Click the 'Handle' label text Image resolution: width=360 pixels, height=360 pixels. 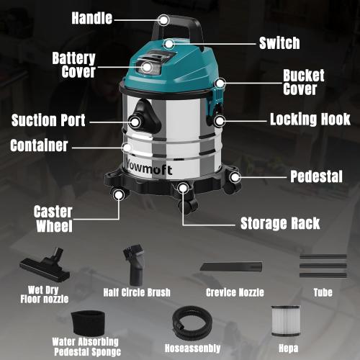pyautogui.click(x=91, y=18)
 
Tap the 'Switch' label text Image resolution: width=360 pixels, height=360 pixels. pyautogui.click(x=279, y=43)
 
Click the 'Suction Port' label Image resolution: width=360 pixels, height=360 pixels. pyautogui.click(x=48, y=120)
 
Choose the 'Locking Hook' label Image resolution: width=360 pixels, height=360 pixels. pyautogui.click(x=310, y=120)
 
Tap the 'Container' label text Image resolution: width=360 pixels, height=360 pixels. pyautogui.click(x=39, y=145)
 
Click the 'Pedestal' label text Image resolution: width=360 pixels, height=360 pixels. pyautogui.click(x=315, y=176)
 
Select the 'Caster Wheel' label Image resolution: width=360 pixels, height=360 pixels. pyautogui.click(x=53, y=219)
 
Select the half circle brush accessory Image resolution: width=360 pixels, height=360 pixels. pyautogui.click(x=134, y=264)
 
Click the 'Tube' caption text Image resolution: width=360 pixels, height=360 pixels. pyautogui.click(x=322, y=292)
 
